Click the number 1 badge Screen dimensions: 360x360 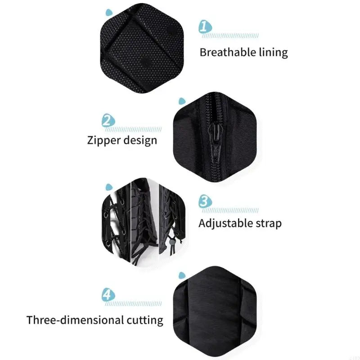point(205,27)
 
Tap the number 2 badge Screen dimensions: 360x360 point(108,120)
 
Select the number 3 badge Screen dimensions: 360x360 point(205,201)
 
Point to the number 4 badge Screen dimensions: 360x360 point(108,295)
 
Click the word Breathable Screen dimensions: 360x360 point(228,52)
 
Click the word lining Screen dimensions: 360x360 point(274,53)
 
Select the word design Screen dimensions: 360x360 point(139,140)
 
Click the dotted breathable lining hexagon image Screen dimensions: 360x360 point(142,48)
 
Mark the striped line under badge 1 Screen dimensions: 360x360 point(230,36)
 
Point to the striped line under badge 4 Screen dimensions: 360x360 point(133,304)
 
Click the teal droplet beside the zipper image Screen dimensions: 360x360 point(182,101)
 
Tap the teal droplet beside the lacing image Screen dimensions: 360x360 point(109,187)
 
